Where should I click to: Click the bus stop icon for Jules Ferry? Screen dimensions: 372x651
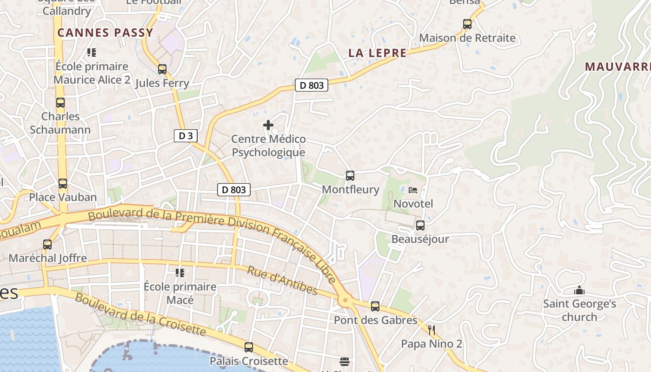tap(162, 69)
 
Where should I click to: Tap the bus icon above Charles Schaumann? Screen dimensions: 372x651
tap(60, 103)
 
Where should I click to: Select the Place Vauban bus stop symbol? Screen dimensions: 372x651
tap(63, 184)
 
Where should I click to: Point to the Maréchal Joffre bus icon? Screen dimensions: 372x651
tap(47, 245)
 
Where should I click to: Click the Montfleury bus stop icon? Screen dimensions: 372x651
tap(350, 176)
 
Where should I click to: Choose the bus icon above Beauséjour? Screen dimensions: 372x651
tap(420, 226)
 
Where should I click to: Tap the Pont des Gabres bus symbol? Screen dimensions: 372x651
tap(375, 306)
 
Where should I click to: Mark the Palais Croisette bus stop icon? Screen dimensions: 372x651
tap(249, 347)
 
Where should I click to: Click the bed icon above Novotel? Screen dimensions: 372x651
tap(413, 190)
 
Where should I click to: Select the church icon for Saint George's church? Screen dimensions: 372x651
tap(579, 291)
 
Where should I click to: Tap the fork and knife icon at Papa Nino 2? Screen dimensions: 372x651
tap(432, 330)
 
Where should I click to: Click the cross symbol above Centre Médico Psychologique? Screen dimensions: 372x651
tap(268, 125)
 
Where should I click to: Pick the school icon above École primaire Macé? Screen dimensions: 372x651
tap(180, 272)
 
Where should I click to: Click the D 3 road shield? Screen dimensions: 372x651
tap(186, 136)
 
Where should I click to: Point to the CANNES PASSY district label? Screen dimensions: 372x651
tap(105, 33)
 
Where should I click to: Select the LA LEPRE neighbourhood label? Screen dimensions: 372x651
tap(378, 53)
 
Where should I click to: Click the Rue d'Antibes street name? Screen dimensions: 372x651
tap(282, 280)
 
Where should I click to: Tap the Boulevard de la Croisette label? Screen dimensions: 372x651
tap(140, 314)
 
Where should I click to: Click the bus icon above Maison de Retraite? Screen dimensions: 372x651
tap(467, 24)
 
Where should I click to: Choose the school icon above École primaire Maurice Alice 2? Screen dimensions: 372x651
tap(92, 53)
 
